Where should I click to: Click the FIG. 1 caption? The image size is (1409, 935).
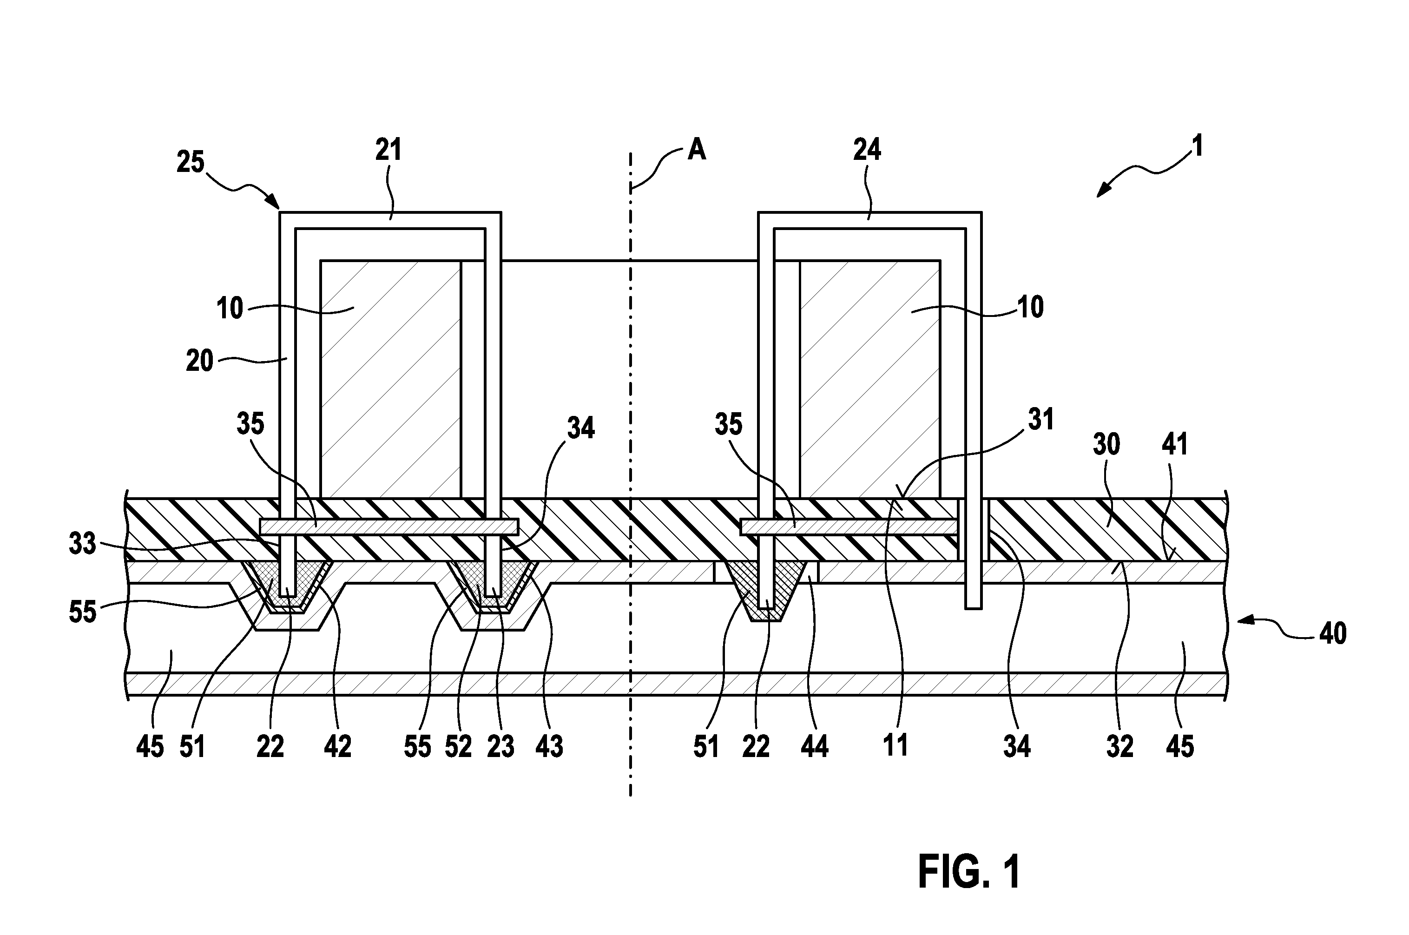click(x=969, y=871)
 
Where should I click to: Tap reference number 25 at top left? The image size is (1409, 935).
click(x=191, y=162)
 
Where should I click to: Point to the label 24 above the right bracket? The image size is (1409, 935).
click(x=867, y=149)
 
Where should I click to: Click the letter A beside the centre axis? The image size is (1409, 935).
click(x=697, y=149)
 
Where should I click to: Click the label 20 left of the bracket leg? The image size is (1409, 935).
click(x=200, y=361)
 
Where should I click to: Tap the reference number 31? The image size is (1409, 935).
click(x=1041, y=419)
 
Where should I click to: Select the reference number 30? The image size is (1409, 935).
click(x=1106, y=444)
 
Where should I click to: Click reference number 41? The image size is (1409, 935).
click(x=1175, y=444)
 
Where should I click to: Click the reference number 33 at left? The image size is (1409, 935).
click(x=82, y=544)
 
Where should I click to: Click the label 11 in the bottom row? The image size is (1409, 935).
click(x=895, y=746)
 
